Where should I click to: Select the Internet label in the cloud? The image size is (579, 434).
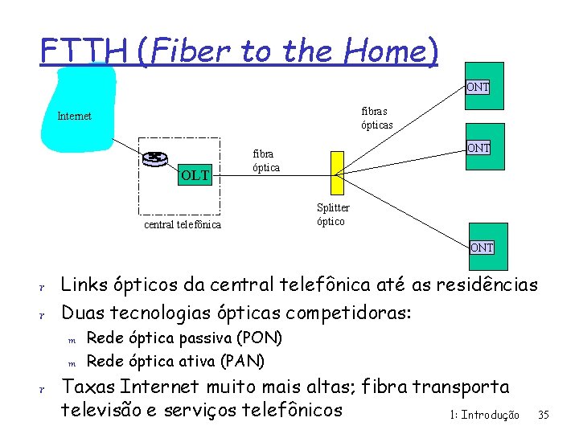(x=74, y=116)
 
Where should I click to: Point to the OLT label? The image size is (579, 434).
(x=194, y=174)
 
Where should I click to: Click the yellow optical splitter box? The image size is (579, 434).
(x=335, y=172)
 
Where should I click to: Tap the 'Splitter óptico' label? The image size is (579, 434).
(x=333, y=215)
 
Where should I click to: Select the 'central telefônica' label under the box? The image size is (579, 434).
(x=182, y=224)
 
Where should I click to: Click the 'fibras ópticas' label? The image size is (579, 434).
(x=377, y=118)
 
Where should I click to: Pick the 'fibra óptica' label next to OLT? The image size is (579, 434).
(x=266, y=160)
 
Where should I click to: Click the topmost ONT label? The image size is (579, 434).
(x=478, y=87)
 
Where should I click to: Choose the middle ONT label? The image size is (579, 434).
(x=478, y=148)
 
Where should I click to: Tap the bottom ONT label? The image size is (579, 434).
(x=482, y=248)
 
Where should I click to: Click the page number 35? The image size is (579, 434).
(x=544, y=415)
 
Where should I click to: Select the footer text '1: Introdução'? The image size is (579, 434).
(x=485, y=415)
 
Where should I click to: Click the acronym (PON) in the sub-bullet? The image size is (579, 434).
(x=261, y=337)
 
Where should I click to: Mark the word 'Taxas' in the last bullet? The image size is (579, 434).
(x=88, y=387)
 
